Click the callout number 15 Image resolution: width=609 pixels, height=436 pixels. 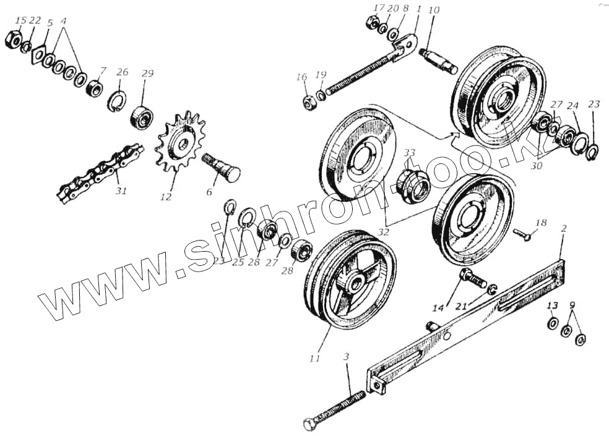coord(20,20)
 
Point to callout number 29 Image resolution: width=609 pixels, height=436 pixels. coord(147,73)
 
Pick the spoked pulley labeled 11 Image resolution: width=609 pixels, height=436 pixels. coord(350,281)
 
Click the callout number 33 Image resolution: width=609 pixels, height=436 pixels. coord(410,152)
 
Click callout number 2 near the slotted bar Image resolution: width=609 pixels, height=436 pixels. coord(563,229)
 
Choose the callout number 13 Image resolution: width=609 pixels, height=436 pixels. coord(552,306)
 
